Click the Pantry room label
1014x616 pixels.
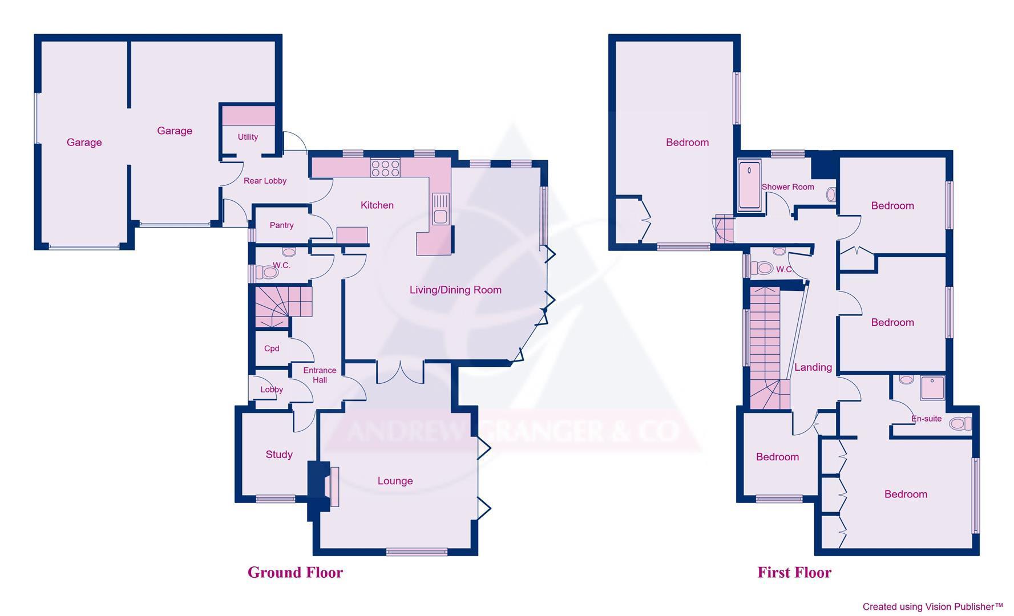coord(281,225)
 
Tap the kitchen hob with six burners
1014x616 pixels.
coord(385,168)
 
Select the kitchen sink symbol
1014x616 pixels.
coord(440,209)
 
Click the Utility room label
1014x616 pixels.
coord(248,137)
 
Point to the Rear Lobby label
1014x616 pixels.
coord(265,181)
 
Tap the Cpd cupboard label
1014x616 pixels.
coord(272,348)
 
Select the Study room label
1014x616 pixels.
coord(278,455)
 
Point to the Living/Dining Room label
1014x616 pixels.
coord(455,290)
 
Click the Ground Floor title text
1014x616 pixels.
coord(295,572)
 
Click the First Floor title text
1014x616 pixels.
coord(794,572)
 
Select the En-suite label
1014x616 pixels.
coord(926,419)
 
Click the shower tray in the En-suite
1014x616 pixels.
coord(932,388)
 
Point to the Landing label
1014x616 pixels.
coord(813,367)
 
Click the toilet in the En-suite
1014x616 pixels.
coord(960,424)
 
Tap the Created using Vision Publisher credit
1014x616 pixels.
coord(932,607)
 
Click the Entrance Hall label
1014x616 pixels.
coord(320,375)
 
